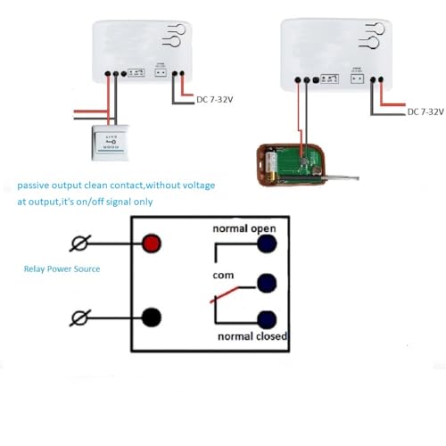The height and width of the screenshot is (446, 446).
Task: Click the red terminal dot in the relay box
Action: coord(152,244)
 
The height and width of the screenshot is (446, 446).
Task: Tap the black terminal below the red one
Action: coord(152,316)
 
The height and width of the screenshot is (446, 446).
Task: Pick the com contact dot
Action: coord(265,283)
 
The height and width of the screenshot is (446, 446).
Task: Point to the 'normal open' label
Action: coord(244,228)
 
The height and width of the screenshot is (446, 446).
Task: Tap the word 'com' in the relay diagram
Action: coord(222,275)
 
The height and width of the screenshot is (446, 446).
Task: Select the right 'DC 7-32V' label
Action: coord(425,111)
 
